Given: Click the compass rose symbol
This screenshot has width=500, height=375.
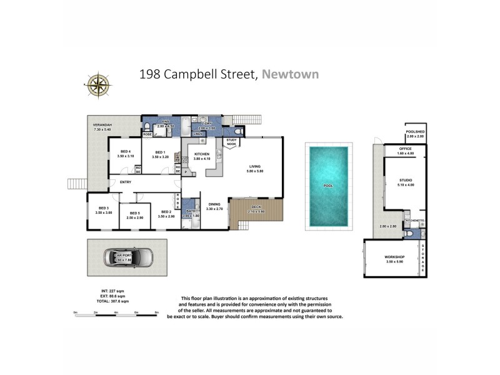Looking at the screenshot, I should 97,85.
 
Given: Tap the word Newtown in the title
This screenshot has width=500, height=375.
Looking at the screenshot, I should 290,74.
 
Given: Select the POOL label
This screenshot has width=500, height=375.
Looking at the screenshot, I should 328,186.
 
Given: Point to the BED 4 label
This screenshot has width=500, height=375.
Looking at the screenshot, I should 125,152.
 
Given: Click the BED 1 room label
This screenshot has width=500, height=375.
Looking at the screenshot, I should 160,152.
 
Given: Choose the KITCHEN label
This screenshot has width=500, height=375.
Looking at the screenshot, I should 201,154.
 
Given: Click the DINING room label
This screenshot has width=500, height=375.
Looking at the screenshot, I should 214,204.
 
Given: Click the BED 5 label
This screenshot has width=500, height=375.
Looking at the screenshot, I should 135,213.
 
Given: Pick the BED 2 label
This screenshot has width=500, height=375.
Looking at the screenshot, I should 166,212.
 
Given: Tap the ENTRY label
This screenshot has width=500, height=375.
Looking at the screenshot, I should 117,182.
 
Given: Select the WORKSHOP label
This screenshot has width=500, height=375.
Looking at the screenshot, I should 394,257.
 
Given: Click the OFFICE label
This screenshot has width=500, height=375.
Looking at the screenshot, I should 406,149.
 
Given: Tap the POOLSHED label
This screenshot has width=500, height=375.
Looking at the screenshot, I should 415,132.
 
